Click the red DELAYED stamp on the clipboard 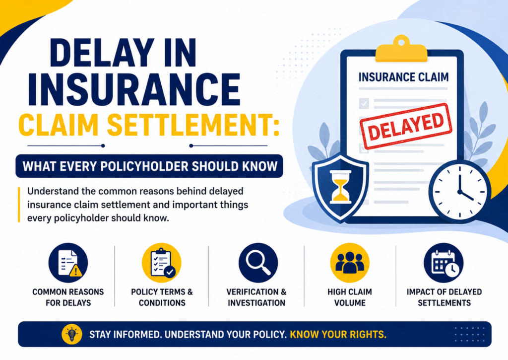pos(406,126)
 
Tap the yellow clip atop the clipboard pos(401,49)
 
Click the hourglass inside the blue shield pos(340,187)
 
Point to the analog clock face pos(459,191)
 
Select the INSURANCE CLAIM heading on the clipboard pos(403,77)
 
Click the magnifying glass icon pos(258,262)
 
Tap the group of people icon pos(350,262)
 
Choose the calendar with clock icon pos(444,262)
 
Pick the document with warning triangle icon pos(68,262)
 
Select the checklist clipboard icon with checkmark pos(162,262)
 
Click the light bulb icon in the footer pos(72,334)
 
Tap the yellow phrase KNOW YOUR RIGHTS pos(338,334)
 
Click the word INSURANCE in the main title pos(134,89)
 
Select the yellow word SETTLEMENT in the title pos(193,125)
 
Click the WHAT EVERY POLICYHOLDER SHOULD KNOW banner pos(149,166)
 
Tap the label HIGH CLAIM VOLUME pos(350,297)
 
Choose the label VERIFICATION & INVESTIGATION pos(256,297)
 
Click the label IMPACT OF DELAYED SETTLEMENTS pos(444,297)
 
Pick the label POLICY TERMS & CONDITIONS pos(162,297)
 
